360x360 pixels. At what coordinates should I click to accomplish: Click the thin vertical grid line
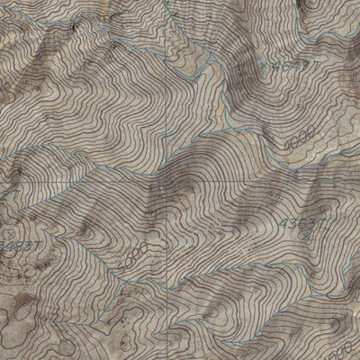168,90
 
